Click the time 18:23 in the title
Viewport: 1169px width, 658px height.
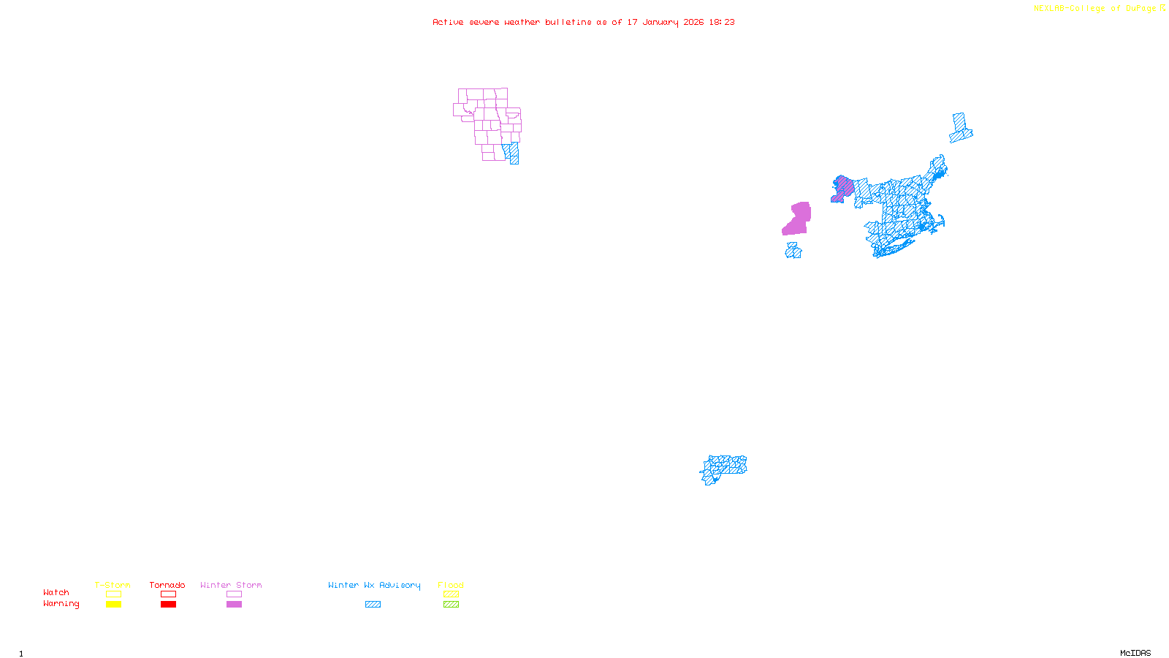(x=722, y=22)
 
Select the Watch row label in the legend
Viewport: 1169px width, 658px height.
(x=56, y=592)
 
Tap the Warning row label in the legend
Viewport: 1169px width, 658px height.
(x=61, y=604)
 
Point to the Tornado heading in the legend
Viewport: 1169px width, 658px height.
(x=167, y=585)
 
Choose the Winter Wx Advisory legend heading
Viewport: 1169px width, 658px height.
(x=374, y=585)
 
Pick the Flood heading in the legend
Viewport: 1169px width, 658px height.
(x=451, y=585)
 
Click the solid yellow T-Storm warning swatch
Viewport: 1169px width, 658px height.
(x=113, y=605)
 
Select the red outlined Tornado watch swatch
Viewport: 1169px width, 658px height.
(x=168, y=594)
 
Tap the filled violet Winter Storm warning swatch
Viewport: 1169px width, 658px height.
(x=234, y=605)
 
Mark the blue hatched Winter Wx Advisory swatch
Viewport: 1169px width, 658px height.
(x=373, y=605)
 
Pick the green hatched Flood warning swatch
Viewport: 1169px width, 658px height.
(x=451, y=605)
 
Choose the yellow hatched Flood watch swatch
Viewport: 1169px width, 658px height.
(x=451, y=594)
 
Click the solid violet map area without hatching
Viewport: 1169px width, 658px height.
(x=798, y=219)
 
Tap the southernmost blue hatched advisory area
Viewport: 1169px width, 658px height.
(x=723, y=468)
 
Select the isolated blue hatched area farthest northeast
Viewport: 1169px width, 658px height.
(x=961, y=128)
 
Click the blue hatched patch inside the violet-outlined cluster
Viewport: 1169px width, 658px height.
(x=513, y=153)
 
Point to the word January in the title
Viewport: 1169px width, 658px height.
(x=660, y=22)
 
